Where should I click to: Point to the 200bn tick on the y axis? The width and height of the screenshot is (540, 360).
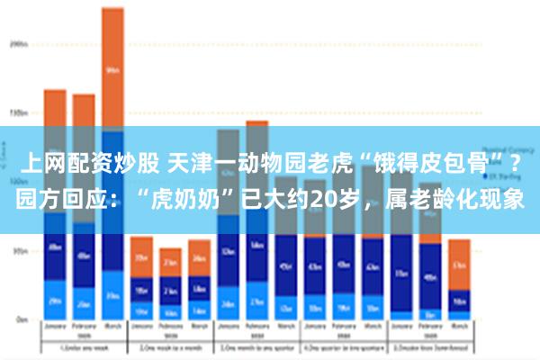[x=18, y=42]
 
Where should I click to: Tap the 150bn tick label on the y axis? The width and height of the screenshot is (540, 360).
[x=18, y=113]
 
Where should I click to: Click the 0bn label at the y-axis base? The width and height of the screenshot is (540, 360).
[x=20, y=319]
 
